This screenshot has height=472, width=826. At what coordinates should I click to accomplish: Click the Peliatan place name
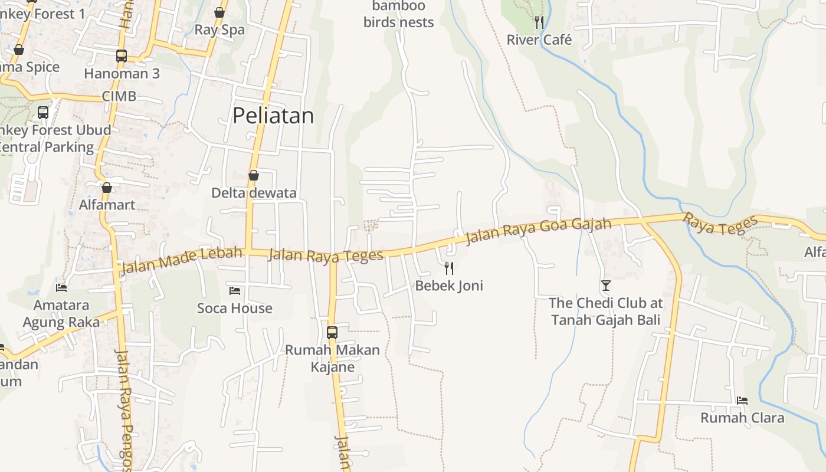pyautogui.click(x=273, y=116)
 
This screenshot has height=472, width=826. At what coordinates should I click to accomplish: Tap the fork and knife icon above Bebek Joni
pyautogui.click(x=449, y=268)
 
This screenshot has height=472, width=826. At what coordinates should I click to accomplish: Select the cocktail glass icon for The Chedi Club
pyautogui.click(x=606, y=286)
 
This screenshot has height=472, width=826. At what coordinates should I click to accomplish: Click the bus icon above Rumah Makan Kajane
pyautogui.click(x=332, y=333)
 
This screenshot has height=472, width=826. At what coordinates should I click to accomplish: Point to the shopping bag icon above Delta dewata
pyautogui.click(x=254, y=175)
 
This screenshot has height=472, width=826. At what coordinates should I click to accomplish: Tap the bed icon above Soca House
pyautogui.click(x=235, y=291)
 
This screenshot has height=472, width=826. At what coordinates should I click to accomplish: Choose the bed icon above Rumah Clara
pyautogui.click(x=742, y=401)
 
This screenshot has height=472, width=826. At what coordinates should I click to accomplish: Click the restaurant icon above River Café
pyautogui.click(x=539, y=22)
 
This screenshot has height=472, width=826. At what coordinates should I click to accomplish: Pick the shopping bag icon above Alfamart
pyautogui.click(x=107, y=188)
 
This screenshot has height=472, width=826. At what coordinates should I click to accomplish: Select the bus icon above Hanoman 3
pyautogui.click(x=122, y=56)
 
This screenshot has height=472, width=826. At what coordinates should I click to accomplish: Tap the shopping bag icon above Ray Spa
pyautogui.click(x=219, y=12)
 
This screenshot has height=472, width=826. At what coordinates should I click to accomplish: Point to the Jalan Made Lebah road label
pyautogui.click(x=181, y=261)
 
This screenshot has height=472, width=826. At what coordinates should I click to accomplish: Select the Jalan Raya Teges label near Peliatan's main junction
pyautogui.click(x=326, y=255)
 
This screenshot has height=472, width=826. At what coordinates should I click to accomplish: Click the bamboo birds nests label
pyautogui.click(x=399, y=14)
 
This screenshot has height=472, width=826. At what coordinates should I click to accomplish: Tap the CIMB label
pyautogui.click(x=119, y=96)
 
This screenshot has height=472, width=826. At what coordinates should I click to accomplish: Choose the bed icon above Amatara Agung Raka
pyautogui.click(x=61, y=288)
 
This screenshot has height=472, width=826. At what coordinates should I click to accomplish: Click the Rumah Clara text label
pyautogui.click(x=742, y=418)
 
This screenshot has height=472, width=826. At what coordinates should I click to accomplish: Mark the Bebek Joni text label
pyautogui.click(x=449, y=286)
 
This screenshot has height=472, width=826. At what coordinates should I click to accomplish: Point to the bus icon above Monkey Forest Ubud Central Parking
pyautogui.click(x=43, y=112)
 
